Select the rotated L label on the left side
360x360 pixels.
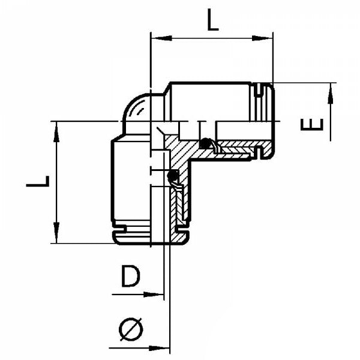click(x=37, y=182)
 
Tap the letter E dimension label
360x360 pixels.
click(x=313, y=124)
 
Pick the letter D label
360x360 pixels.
click(x=130, y=277)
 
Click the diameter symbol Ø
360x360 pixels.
click(x=131, y=329)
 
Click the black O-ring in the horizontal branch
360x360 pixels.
click(x=206, y=144)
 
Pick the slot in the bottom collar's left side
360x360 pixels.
click(x=122, y=227)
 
